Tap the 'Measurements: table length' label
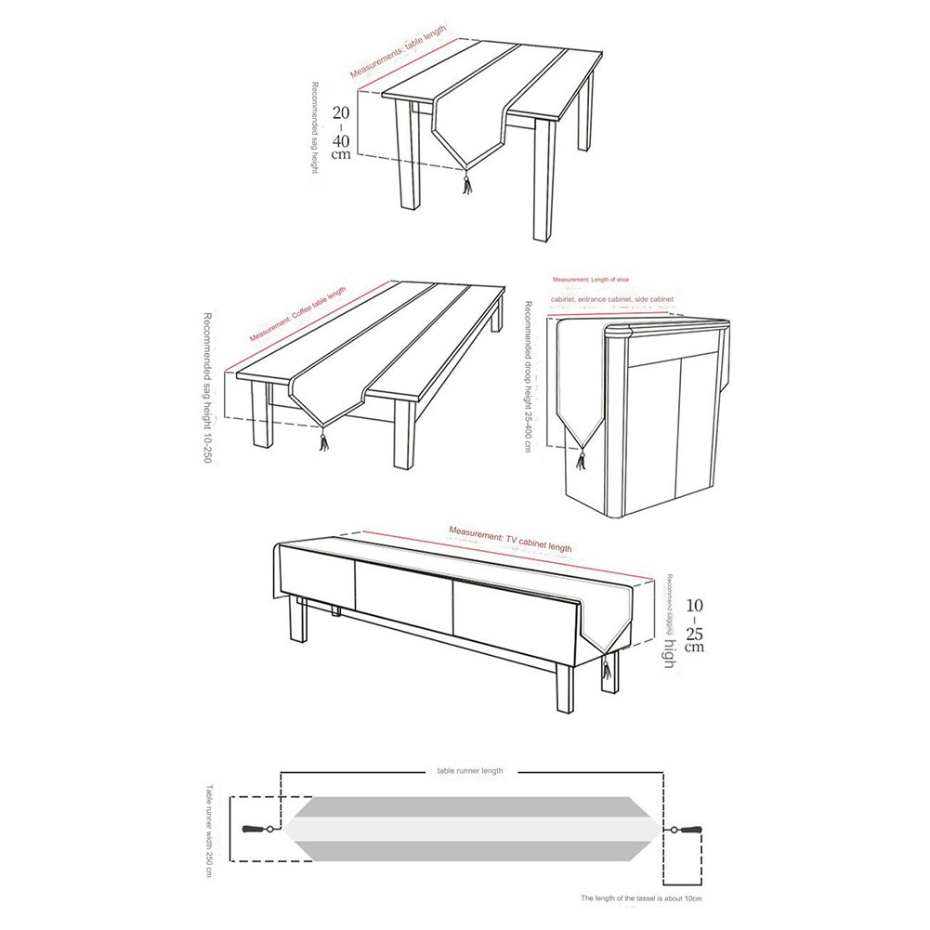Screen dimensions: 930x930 (x=399, y=52)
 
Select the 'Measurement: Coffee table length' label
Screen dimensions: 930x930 (x=297, y=314)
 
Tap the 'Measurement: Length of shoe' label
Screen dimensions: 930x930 (x=591, y=280)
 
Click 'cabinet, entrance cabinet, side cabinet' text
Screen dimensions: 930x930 (x=612, y=300)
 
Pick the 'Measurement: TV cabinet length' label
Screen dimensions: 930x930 (x=510, y=540)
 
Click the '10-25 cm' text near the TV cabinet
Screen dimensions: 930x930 (x=693, y=625)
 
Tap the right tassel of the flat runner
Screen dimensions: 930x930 (x=691, y=830)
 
